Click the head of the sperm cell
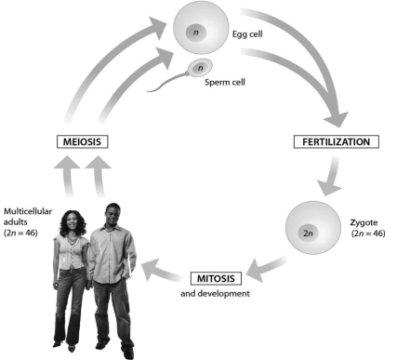click(199, 68)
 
